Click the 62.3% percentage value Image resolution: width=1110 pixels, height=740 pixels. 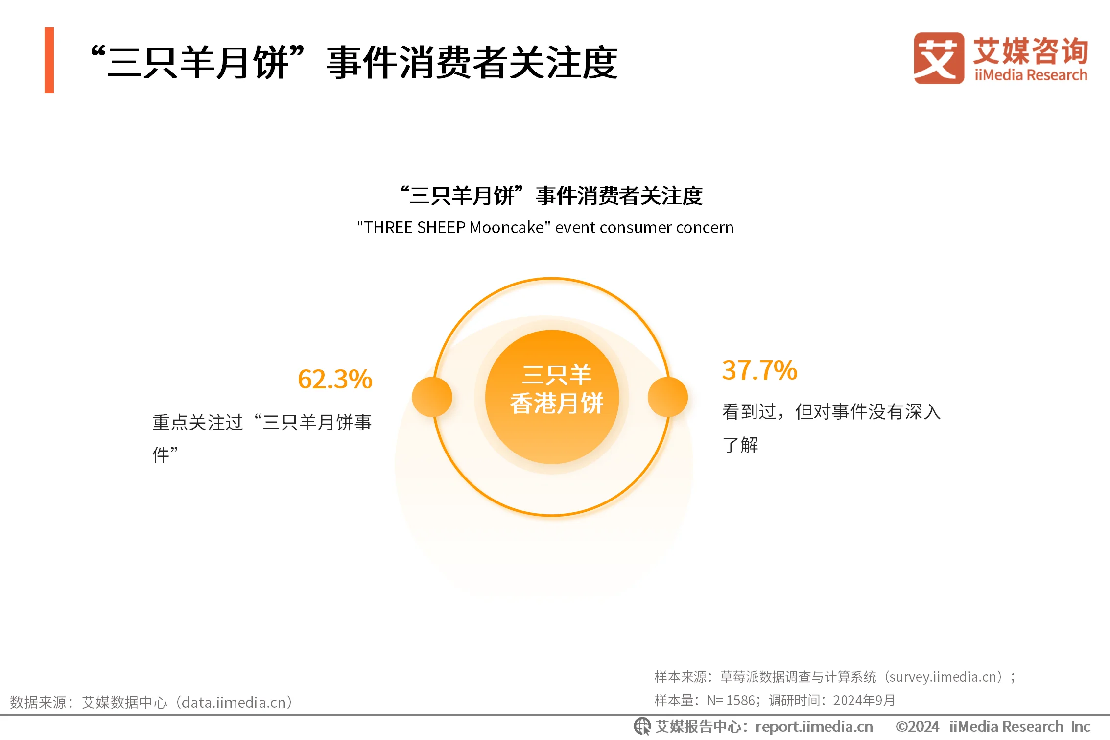tap(335, 379)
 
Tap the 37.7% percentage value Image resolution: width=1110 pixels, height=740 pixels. tap(759, 370)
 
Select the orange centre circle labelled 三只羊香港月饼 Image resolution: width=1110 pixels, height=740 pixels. tap(552, 397)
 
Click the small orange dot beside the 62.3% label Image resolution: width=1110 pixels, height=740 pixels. tap(432, 397)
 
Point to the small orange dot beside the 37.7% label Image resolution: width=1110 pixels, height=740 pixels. tap(668, 397)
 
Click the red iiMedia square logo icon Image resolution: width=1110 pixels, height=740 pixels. tap(939, 58)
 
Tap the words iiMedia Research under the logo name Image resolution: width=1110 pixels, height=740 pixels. tap(1031, 75)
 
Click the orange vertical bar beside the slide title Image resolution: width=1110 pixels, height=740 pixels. tap(49, 60)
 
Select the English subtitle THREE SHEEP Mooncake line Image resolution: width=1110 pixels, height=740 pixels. tap(545, 228)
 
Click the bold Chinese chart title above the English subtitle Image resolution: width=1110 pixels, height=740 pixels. tap(551, 195)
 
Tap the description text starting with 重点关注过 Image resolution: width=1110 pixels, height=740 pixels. tap(262, 438)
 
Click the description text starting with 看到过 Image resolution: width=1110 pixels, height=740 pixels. tap(831, 428)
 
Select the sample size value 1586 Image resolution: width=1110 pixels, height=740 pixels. tap(740, 701)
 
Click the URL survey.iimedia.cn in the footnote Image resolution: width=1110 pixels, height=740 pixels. tap(943, 677)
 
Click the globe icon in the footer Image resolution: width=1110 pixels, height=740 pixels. tap(642, 727)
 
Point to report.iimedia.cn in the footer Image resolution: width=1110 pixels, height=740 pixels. tap(814, 727)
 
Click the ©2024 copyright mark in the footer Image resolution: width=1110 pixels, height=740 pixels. tap(917, 727)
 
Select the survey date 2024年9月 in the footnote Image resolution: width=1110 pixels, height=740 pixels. tap(864, 701)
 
